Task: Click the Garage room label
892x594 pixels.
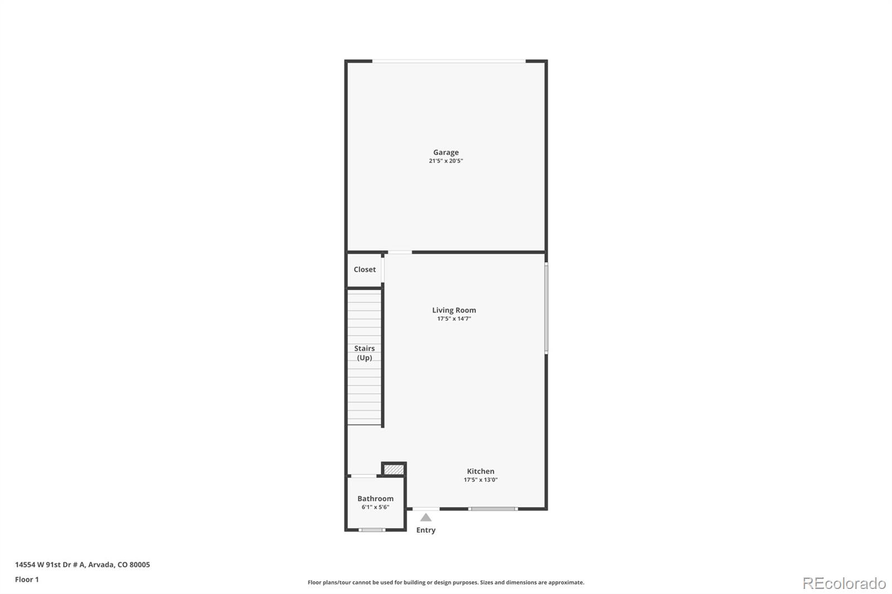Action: click(446, 152)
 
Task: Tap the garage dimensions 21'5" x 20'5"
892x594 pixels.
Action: click(446, 161)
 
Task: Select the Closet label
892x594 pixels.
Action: click(365, 270)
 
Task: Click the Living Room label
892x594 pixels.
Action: click(454, 310)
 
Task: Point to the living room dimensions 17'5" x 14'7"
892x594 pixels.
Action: click(454, 319)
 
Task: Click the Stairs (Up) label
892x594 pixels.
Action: click(365, 353)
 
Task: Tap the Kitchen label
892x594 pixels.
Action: click(481, 471)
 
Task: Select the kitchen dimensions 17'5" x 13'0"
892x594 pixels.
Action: click(481, 480)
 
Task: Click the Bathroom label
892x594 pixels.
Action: click(375, 499)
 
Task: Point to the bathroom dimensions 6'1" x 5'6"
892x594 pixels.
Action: click(375, 508)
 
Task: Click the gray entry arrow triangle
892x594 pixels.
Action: click(426, 518)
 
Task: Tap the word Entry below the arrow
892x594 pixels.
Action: click(426, 530)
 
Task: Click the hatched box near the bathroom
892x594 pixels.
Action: click(394, 470)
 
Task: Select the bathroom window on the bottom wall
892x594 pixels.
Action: click(372, 530)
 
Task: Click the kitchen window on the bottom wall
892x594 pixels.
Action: click(493, 509)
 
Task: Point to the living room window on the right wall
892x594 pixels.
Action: click(546, 308)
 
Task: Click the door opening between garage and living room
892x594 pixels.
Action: click(400, 252)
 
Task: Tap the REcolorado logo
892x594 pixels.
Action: click(844, 583)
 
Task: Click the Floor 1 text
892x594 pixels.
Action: click(27, 580)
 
